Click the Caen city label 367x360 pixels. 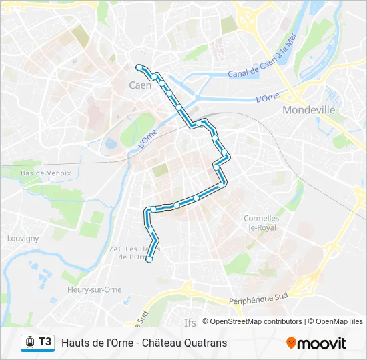(139, 85)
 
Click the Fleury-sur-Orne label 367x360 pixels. (94, 289)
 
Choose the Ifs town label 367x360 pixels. (190, 323)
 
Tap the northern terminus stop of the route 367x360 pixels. (139, 67)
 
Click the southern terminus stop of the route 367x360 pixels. (149, 260)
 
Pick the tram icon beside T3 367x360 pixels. (29, 342)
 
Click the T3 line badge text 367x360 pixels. (45, 342)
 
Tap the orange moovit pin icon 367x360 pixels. (291, 343)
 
